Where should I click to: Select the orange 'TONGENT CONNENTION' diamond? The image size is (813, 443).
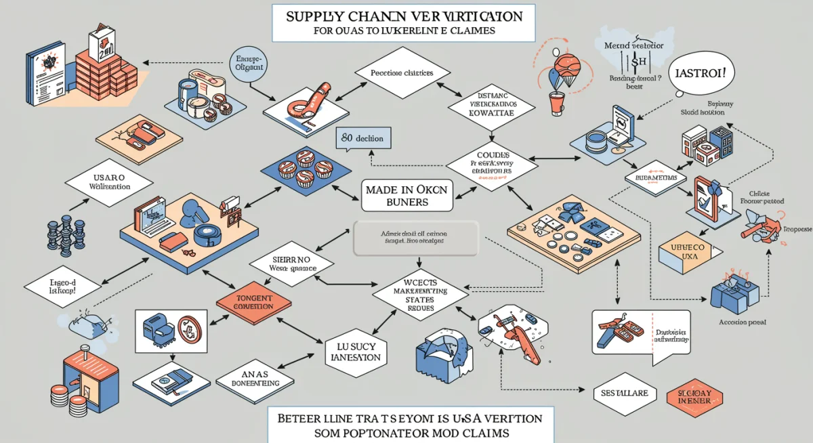[x=254, y=301]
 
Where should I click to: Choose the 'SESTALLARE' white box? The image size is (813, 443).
[x=624, y=393]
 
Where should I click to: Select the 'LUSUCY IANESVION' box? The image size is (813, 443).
[x=352, y=351]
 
